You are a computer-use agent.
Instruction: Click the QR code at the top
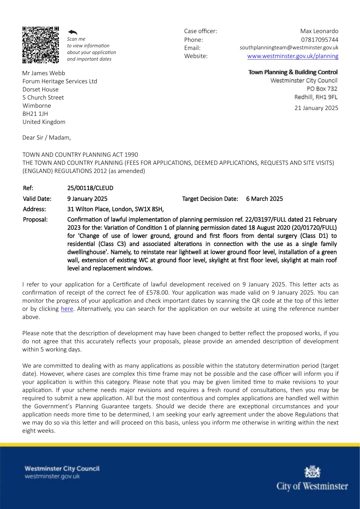pyautogui.click(x=41, y=45)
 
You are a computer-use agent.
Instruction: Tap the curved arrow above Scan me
pyautogui.click(x=73, y=32)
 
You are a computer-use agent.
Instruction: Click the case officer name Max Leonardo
pyautogui.click(x=319, y=31)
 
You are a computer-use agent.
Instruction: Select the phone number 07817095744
pyautogui.click(x=319, y=40)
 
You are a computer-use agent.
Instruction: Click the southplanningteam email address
pyautogui.click(x=289, y=48)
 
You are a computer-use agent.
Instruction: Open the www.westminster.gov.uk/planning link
pyautogui.click(x=293, y=56)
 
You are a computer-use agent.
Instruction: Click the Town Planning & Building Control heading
pyautogui.click(x=293, y=72)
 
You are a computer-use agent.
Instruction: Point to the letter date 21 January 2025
pyautogui.click(x=316, y=108)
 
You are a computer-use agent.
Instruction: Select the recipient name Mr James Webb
pyautogui.click(x=44, y=73)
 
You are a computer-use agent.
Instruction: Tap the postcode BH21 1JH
pyautogui.click(x=35, y=114)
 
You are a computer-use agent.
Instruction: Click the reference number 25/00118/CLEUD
pyautogui.click(x=90, y=188)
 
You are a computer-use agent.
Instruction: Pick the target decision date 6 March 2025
pyautogui.click(x=264, y=199)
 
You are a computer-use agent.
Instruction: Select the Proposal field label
pyautogui.click(x=35, y=219)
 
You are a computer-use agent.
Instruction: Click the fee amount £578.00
pyautogui.click(x=158, y=293)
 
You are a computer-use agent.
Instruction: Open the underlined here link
pyautogui.click(x=67, y=309)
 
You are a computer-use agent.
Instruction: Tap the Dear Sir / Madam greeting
pyautogui.click(x=47, y=138)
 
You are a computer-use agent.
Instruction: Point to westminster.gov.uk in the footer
pyautogui.click(x=52, y=476)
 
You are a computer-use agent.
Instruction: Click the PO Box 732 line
pyautogui.click(x=322, y=89)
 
